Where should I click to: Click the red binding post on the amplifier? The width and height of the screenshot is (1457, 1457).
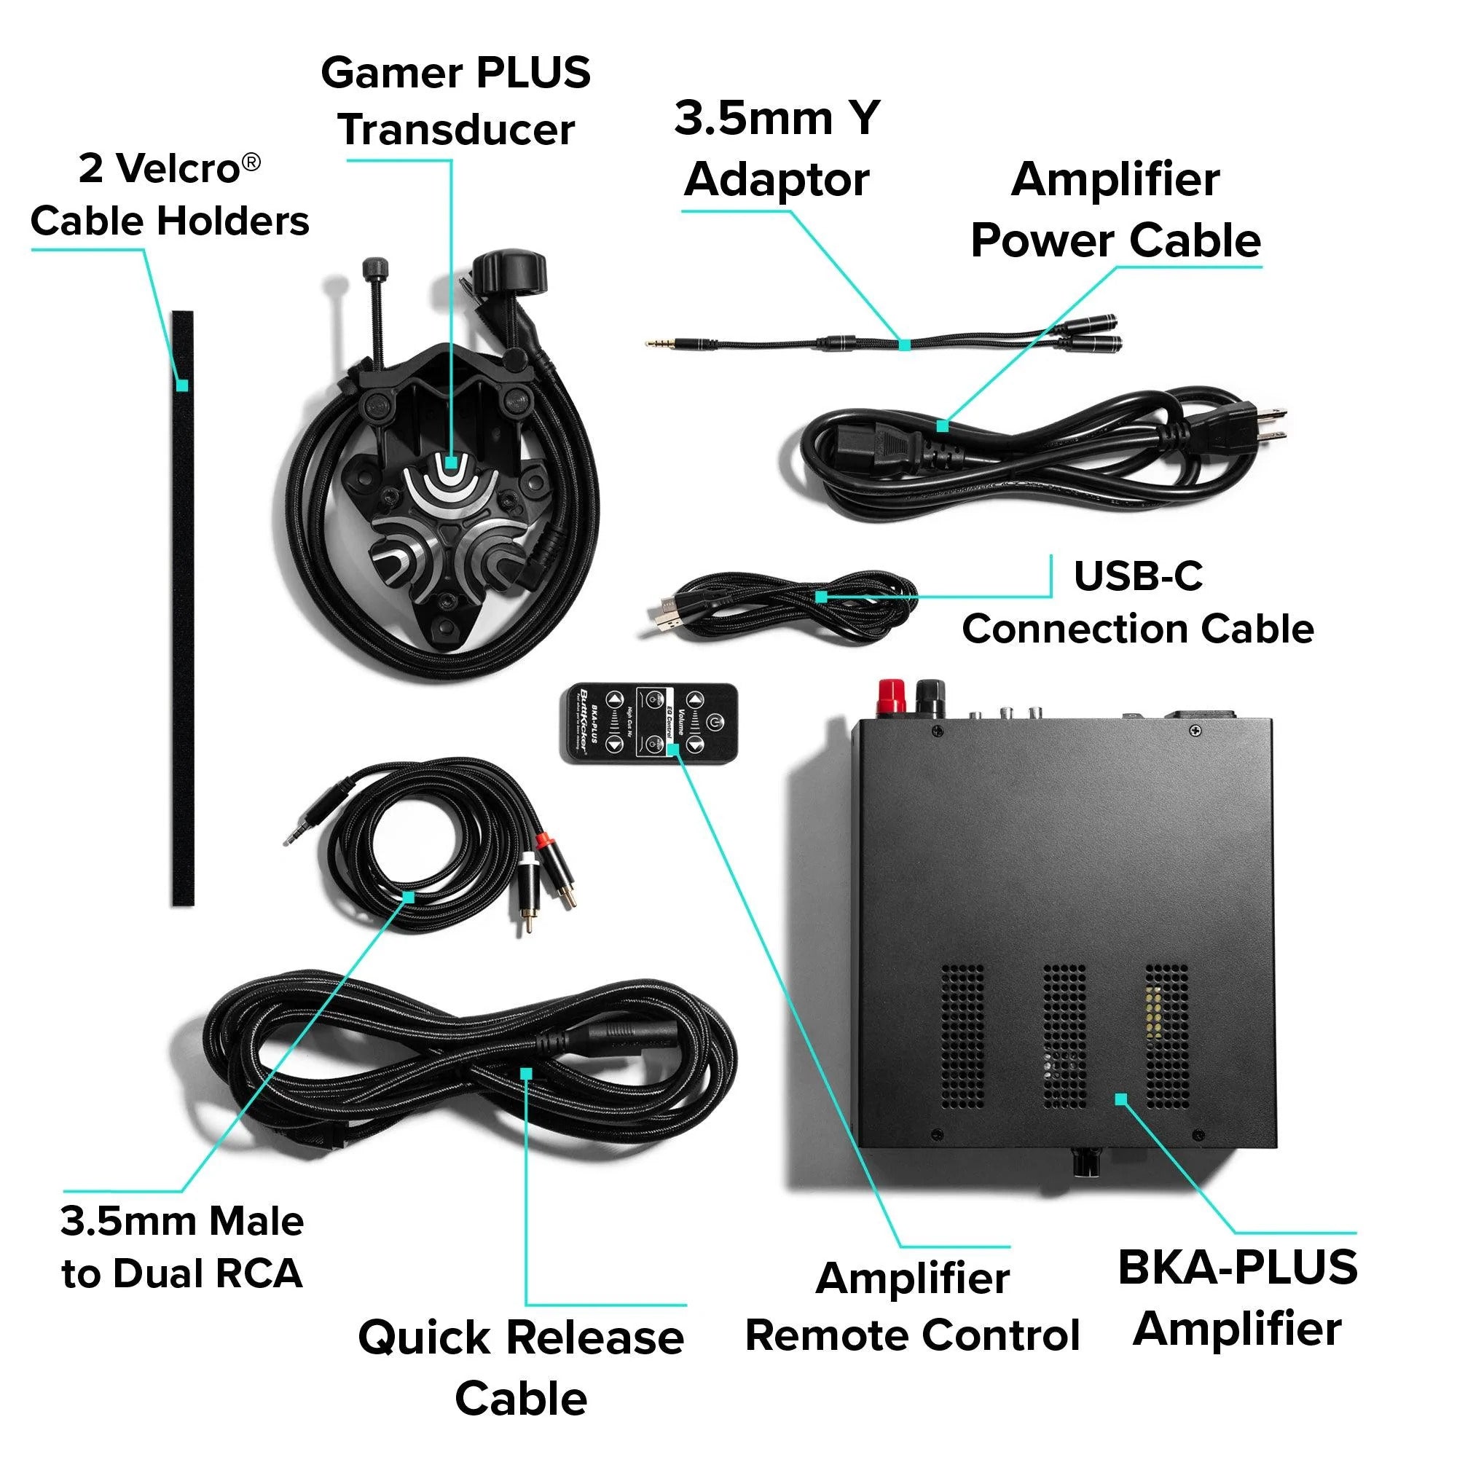pyautogui.click(x=892, y=694)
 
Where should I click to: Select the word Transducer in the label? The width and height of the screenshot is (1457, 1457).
pyautogui.click(x=456, y=130)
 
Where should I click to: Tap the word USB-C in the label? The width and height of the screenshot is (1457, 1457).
pyautogui.click(x=1137, y=577)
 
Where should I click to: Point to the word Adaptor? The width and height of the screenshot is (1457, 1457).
pyautogui.click(x=777, y=181)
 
